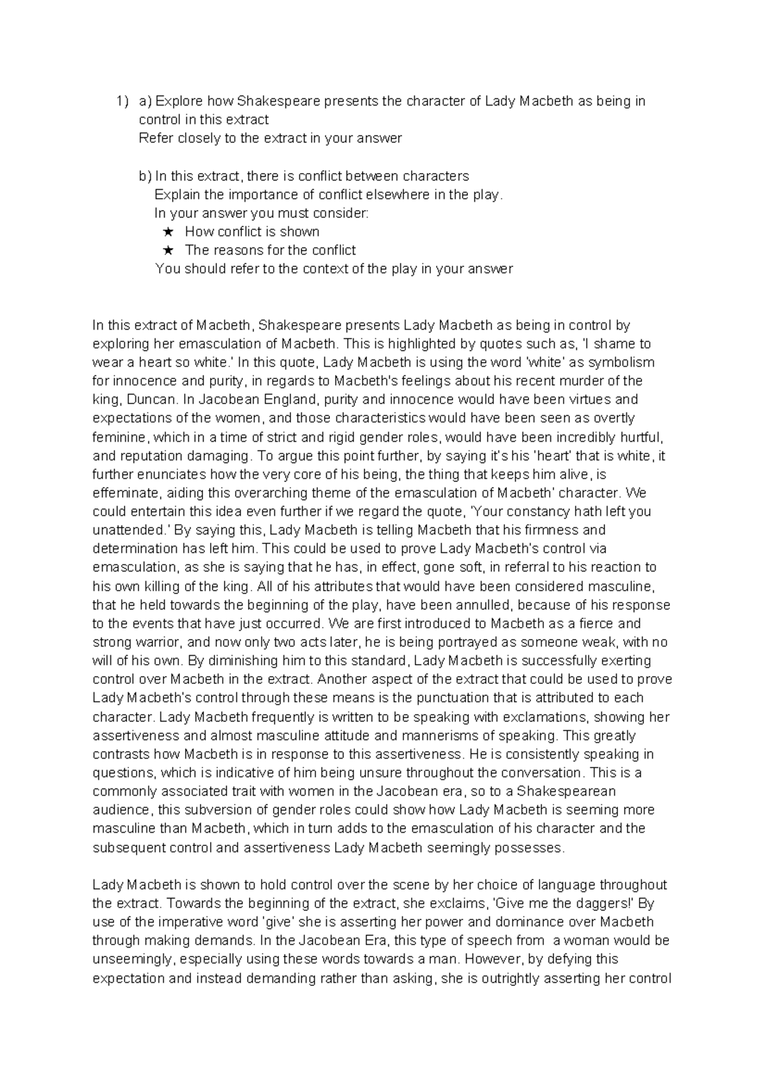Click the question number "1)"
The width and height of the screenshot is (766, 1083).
click(121, 101)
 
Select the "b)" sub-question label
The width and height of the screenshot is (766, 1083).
click(146, 176)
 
